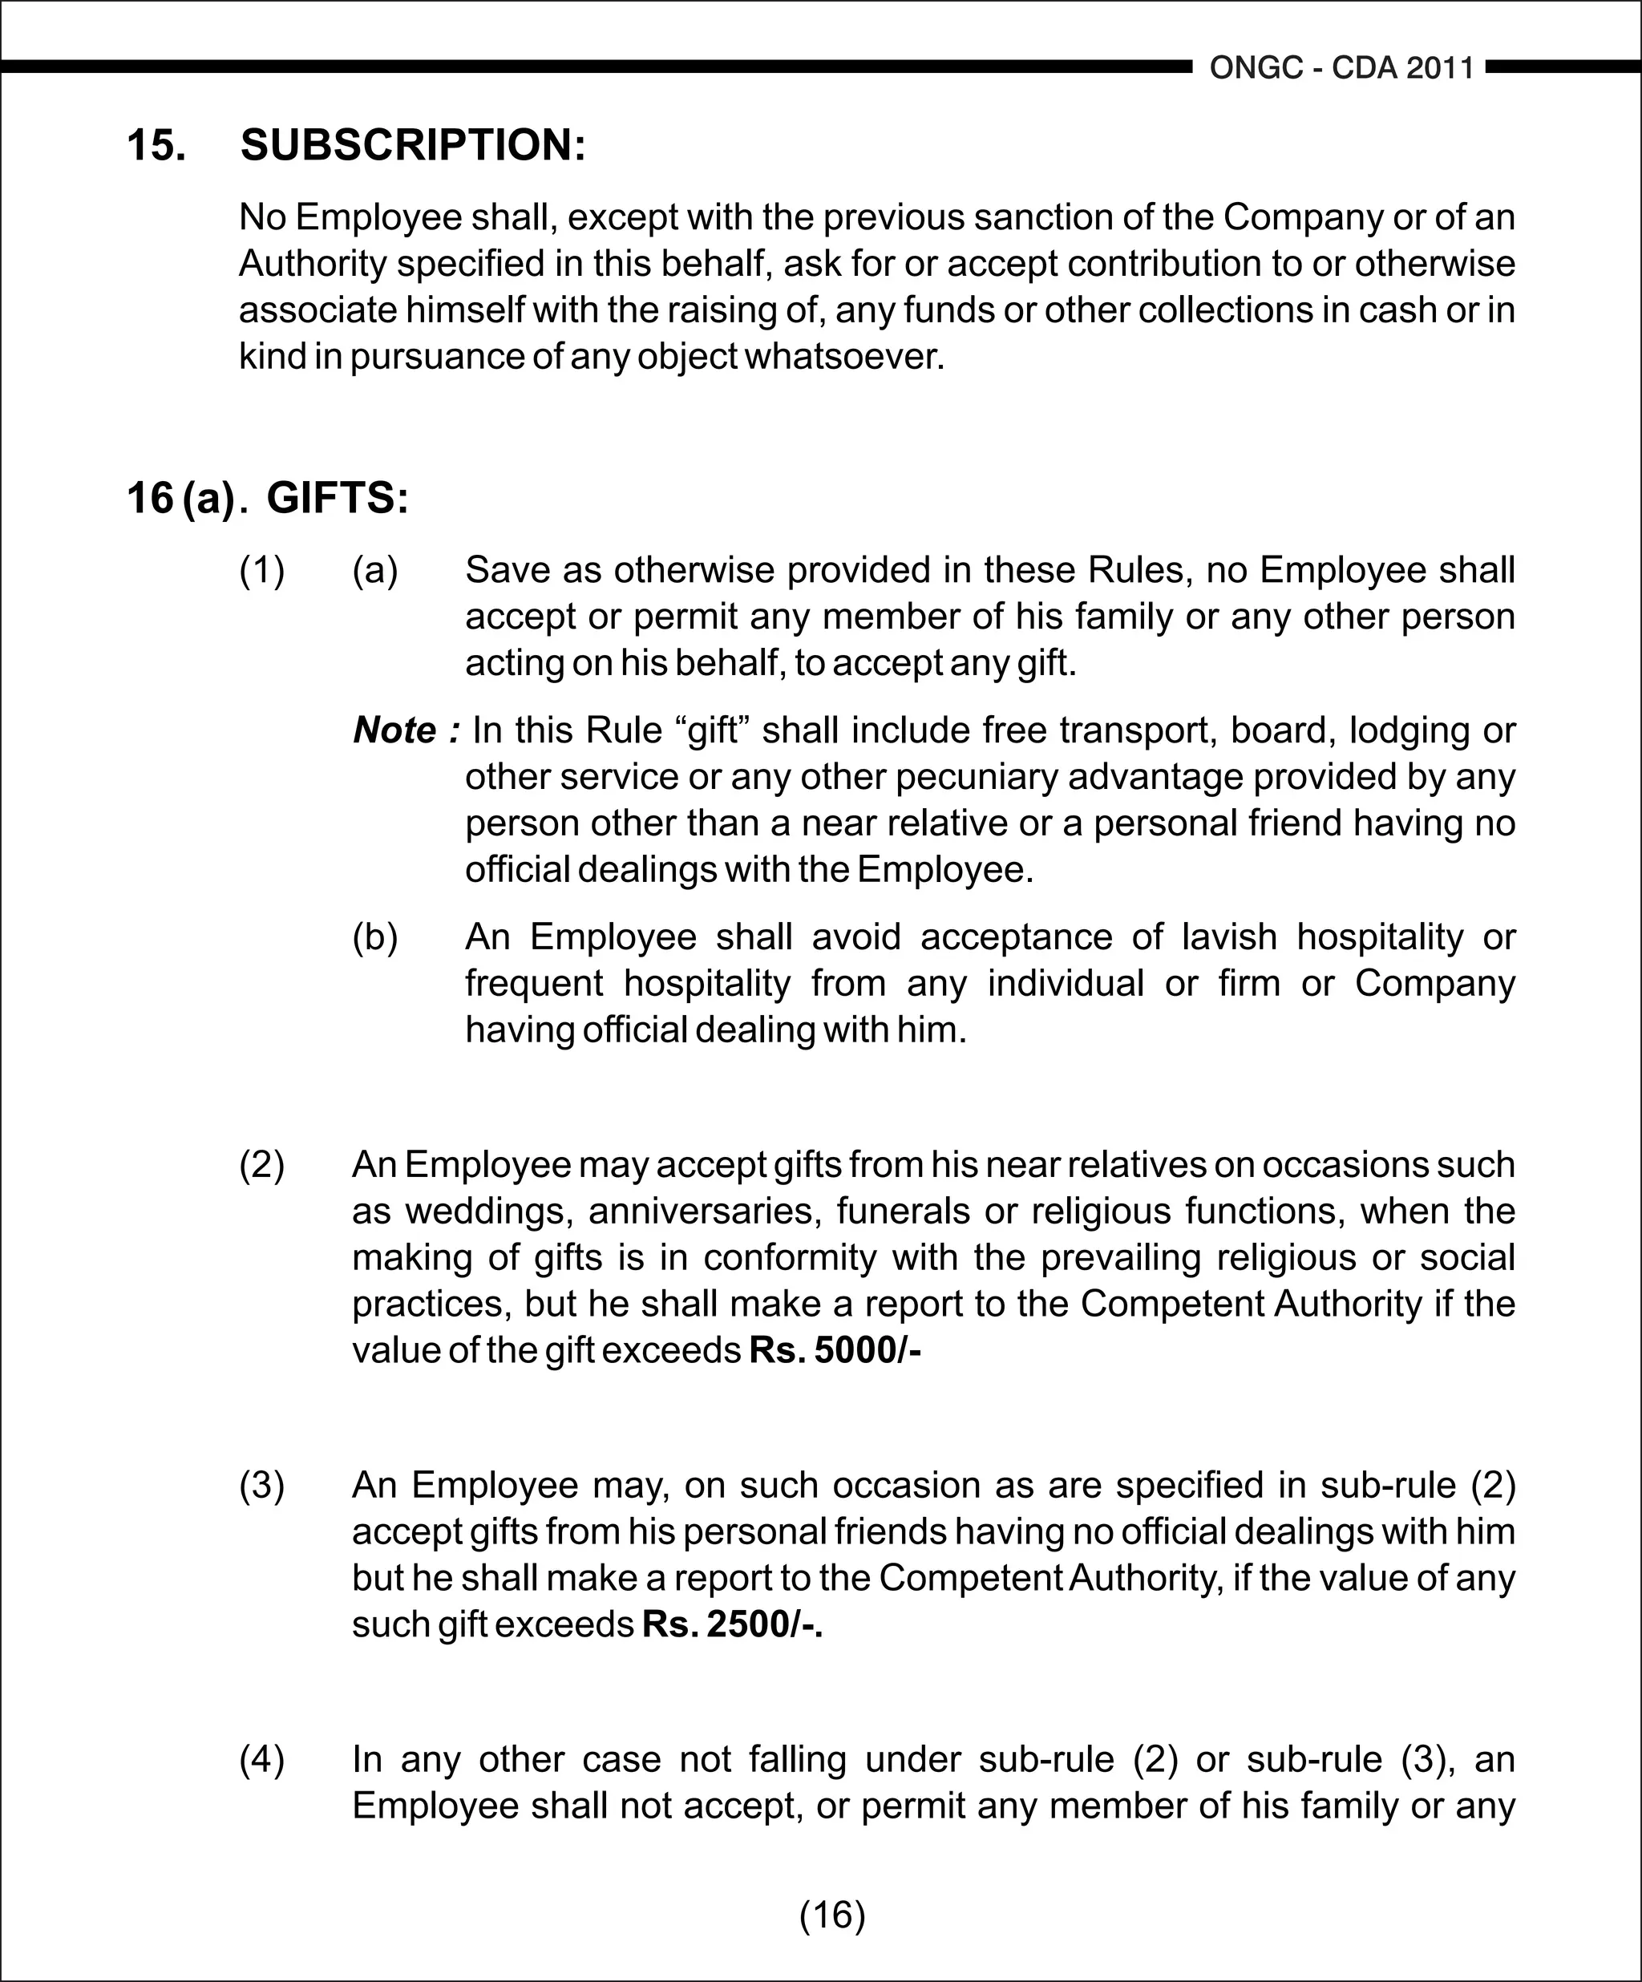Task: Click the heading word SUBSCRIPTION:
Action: pyautogui.click(x=414, y=145)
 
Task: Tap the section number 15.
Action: pyautogui.click(x=156, y=145)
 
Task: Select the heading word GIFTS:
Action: pyautogui.click(x=338, y=499)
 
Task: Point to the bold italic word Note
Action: pyautogui.click(x=394, y=730)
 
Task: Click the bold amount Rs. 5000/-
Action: pyautogui.click(x=834, y=1350)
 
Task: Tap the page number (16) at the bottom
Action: pyautogui.click(x=831, y=1914)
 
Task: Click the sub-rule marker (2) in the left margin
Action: pyautogui.click(x=261, y=1165)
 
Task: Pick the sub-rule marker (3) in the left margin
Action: pyautogui.click(x=261, y=1486)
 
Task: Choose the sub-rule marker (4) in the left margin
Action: pyautogui.click(x=261, y=1759)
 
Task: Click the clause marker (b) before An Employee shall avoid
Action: pyautogui.click(x=374, y=937)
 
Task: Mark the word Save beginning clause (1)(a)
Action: pyautogui.click(x=508, y=570)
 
